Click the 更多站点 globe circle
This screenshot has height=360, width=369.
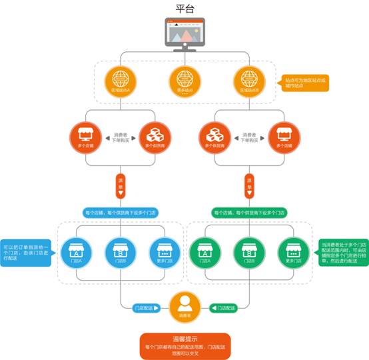(x=184, y=79)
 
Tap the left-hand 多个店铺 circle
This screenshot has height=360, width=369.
(x=86, y=137)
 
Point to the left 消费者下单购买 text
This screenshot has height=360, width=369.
(x=120, y=137)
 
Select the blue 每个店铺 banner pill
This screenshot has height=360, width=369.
(x=120, y=213)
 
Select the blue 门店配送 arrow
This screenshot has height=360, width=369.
(x=146, y=308)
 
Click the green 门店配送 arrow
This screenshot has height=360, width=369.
(x=223, y=308)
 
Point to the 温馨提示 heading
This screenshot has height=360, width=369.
(x=184, y=339)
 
